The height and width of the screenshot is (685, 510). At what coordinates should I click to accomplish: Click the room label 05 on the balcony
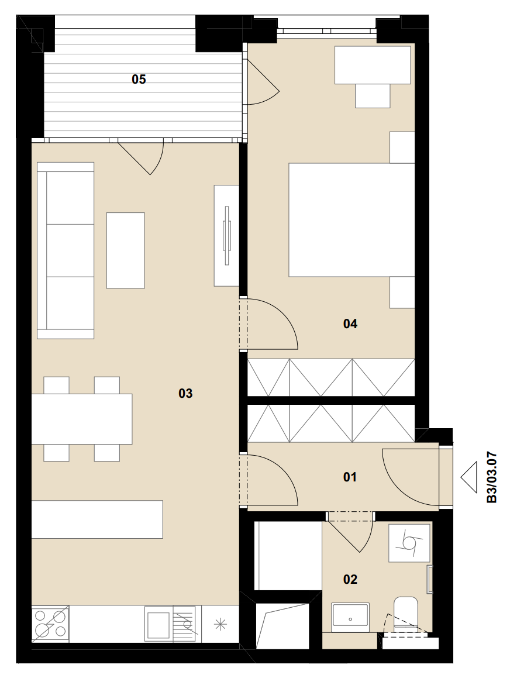click(x=139, y=80)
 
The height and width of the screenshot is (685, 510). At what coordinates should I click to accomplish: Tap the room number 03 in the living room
click(x=185, y=394)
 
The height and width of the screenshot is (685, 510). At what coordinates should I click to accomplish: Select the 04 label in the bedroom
click(x=350, y=323)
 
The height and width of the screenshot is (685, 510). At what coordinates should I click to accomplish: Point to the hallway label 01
click(x=350, y=477)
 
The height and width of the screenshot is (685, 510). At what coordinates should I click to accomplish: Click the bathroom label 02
click(x=350, y=579)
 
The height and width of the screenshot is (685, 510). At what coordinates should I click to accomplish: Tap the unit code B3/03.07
click(x=492, y=477)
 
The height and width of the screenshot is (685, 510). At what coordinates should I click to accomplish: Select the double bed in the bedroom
click(x=352, y=220)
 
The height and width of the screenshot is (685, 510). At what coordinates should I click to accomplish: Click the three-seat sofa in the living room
click(x=66, y=250)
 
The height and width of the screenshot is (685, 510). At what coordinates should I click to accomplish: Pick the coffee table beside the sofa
click(x=125, y=250)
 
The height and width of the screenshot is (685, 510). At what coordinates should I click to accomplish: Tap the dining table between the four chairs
click(x=82, y=419)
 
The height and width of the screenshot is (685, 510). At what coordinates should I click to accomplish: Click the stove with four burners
click(x=50, y=624)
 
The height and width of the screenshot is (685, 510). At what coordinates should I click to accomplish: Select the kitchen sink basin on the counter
click(x=158, y=624)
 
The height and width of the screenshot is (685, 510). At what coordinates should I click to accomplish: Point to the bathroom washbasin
click(x=350, y=617)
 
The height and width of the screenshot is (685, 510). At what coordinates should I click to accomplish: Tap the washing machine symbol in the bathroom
click(x=409, y=543)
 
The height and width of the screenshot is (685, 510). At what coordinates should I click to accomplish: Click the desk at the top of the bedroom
click(x=373, y=65)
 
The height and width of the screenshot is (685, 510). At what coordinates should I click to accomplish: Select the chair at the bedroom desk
click(x=373, y=96)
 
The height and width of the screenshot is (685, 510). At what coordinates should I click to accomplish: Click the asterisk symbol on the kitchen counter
click(x=220, y=624)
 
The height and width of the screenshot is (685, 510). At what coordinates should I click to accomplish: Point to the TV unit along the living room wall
click(x=226, y=236)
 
